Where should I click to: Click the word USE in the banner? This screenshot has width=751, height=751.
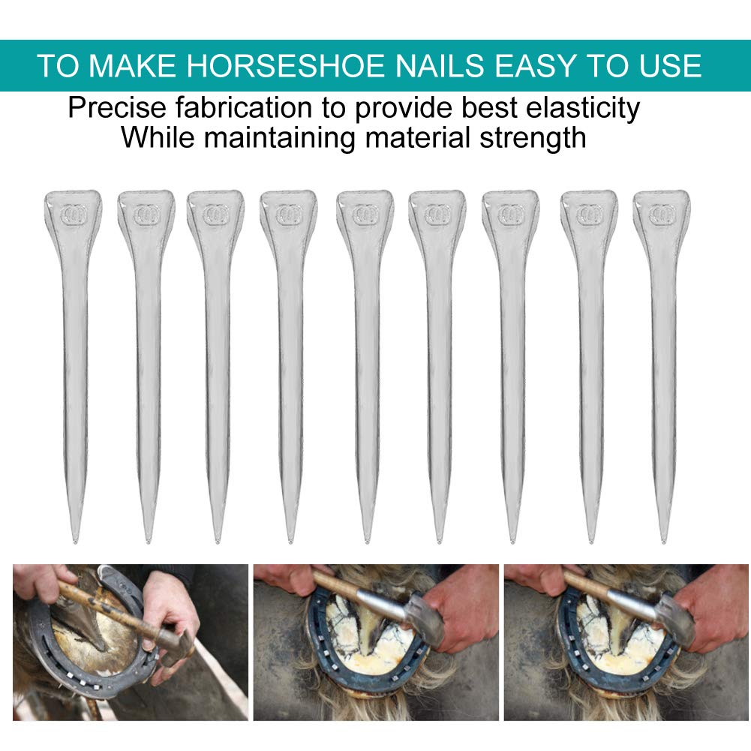(670, 65)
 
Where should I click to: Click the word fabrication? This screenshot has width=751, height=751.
(244, 107)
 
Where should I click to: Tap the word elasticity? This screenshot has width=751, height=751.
(583, 108)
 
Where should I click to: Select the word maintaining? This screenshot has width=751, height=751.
(280, 138)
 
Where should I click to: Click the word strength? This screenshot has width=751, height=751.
(533, 138)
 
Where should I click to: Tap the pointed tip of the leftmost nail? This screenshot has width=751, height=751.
(75, 541)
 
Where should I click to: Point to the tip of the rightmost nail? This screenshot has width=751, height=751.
(663, 541)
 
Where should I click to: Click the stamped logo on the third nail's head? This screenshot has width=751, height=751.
(215, 214)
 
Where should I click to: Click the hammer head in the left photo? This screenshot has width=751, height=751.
(176, 641)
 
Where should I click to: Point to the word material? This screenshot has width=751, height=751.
(417, 138)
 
